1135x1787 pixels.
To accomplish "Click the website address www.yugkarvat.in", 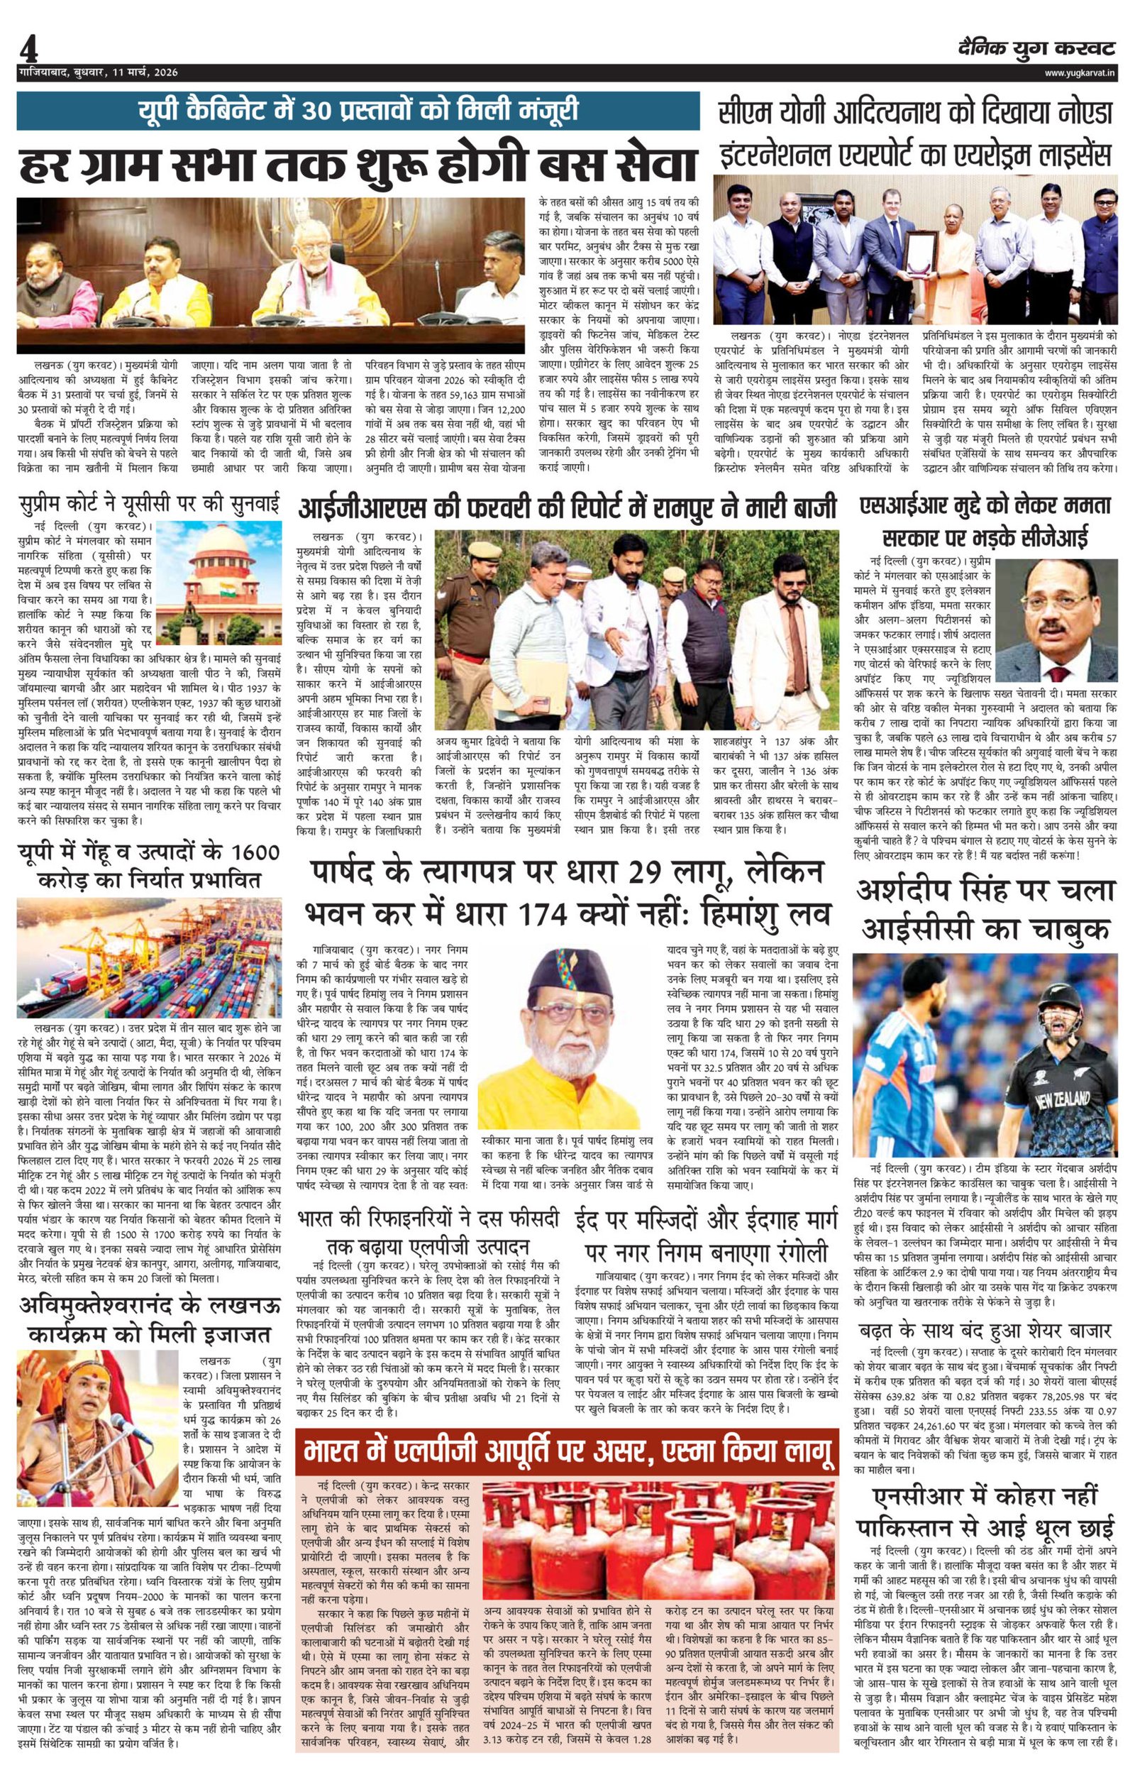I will [x=1080, y=72].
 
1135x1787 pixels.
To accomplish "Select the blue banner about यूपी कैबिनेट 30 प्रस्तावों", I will [x=358, y=111].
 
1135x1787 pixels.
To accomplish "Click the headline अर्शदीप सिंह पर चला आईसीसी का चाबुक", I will [x=986, y=908].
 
